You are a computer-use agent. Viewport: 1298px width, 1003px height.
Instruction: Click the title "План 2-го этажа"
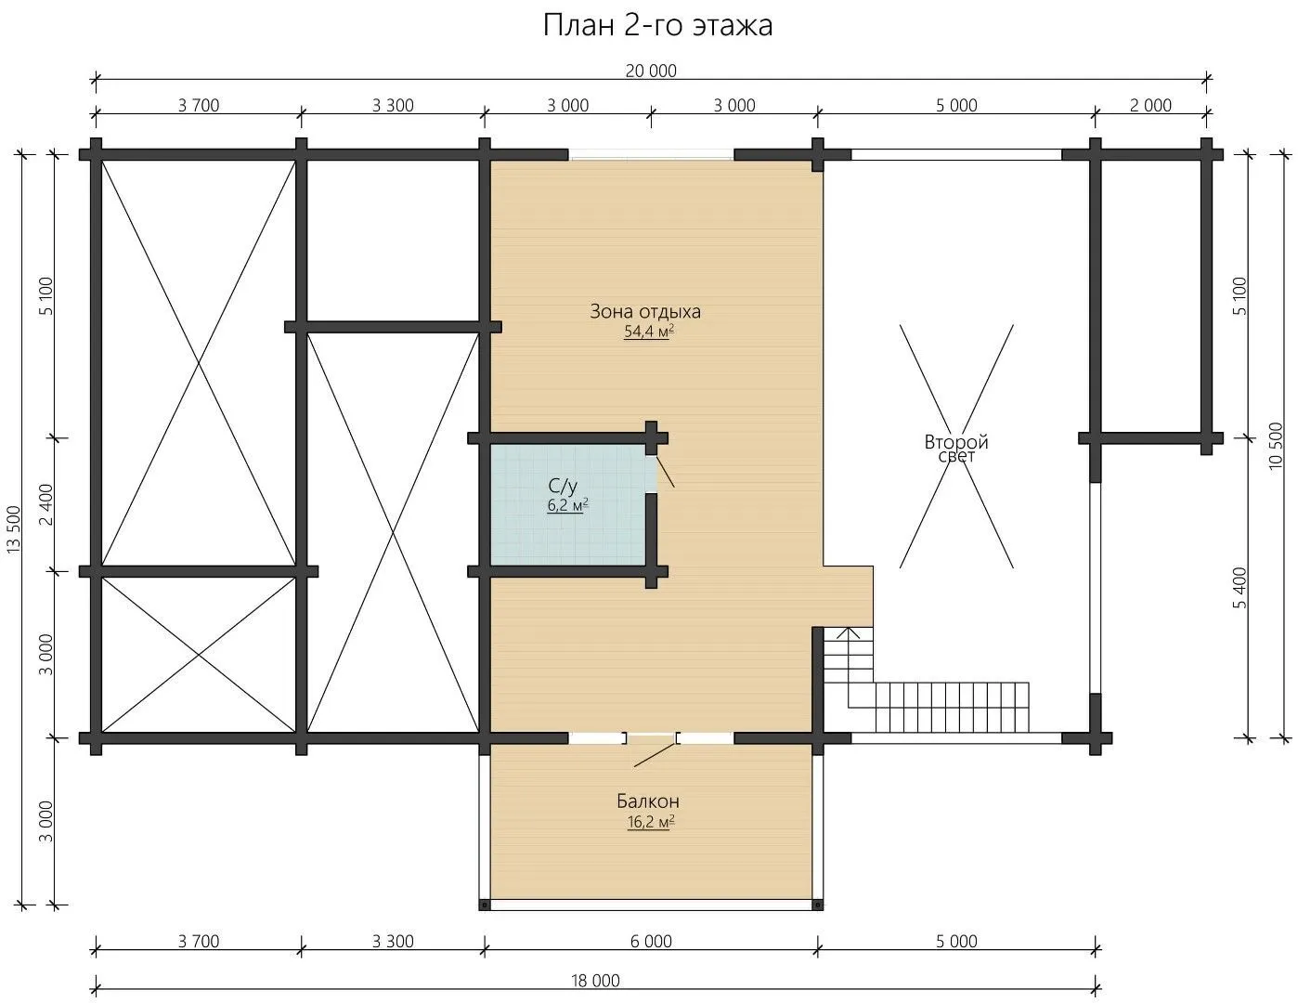[657, 26]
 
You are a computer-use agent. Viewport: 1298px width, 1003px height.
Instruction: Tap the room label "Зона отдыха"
[645, 311]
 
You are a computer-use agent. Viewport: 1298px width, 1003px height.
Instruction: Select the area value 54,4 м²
[649, 331]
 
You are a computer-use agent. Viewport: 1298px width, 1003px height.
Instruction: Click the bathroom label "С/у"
[563, 487]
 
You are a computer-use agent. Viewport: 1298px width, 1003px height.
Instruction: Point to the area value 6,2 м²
[567, 505]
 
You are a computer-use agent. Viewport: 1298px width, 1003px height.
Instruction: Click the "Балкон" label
[648, 801]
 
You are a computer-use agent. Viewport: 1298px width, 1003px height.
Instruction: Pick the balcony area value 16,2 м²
[651, 822]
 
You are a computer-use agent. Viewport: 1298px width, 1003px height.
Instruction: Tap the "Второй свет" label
[956, 449]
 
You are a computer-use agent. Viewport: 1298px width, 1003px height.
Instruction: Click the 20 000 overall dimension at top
[651, 71]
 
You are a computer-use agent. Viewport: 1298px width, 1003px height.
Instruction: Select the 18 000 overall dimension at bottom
[595, 981]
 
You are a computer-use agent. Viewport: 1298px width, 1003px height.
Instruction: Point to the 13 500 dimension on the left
[14, 529]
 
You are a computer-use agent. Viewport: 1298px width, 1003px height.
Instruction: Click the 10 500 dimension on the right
[1275, 447]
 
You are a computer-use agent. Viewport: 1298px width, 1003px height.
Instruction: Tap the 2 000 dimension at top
[1150, 105]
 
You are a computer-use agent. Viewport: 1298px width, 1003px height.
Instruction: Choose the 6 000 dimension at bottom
[651, 942]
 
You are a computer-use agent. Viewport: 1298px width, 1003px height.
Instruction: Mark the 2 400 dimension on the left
[46, 505]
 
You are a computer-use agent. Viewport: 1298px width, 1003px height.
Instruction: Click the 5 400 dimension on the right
[1240, 588]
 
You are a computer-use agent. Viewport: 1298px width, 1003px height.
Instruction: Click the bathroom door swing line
[666, 472]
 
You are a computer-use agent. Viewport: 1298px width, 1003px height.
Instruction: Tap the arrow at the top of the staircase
[849, 633]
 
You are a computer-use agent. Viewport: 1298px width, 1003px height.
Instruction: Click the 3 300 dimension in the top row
[393, 105]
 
